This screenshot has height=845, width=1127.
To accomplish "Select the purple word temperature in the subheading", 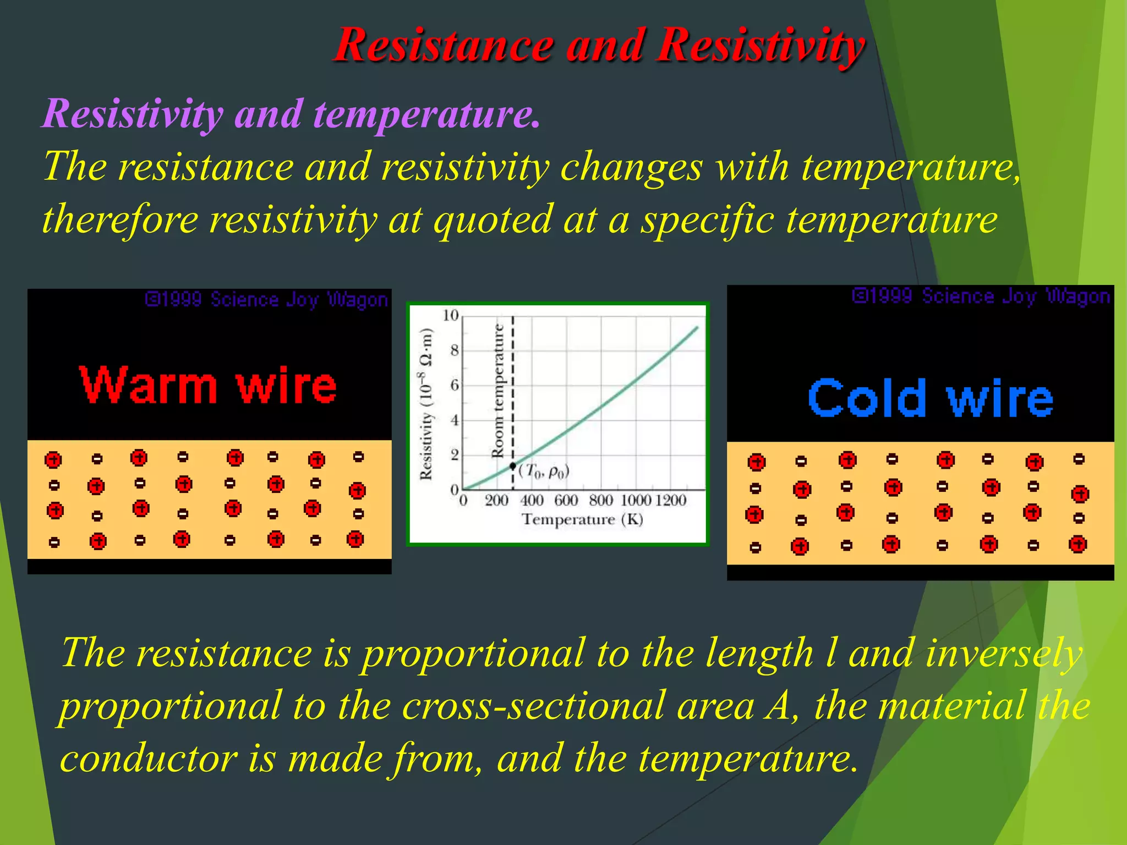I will pos(426,114).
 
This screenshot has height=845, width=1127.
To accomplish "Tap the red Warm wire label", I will pos(208,385).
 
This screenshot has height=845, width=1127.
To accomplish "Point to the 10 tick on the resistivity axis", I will pos(450,315).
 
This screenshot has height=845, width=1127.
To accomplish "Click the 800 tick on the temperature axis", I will pos(600,500).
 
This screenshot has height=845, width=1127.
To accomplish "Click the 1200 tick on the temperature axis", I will pos(671,500).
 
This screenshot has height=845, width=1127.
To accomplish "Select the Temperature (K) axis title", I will pos(582,519).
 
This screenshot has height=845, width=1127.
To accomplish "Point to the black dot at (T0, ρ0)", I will pos(513,466).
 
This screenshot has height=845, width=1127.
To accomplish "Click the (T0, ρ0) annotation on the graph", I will pos(544,471).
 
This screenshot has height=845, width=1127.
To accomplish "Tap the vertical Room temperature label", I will pos(497,391).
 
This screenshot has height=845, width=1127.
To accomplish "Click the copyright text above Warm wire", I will pos(266,300).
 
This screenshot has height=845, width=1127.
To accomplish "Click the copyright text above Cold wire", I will pos(981,297).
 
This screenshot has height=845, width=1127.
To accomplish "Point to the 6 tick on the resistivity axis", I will pos(455,385).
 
